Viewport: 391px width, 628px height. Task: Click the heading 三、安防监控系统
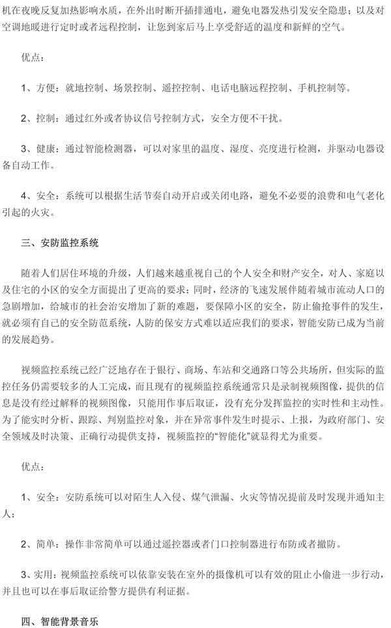(x=59, y=244)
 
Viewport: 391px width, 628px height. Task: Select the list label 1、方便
(x=37, y=87)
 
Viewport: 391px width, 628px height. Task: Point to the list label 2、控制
(x=37, y=118)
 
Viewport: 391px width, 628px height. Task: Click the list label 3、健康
(x=37, y=148)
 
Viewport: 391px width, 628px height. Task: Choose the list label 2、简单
(x=37, y=542)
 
